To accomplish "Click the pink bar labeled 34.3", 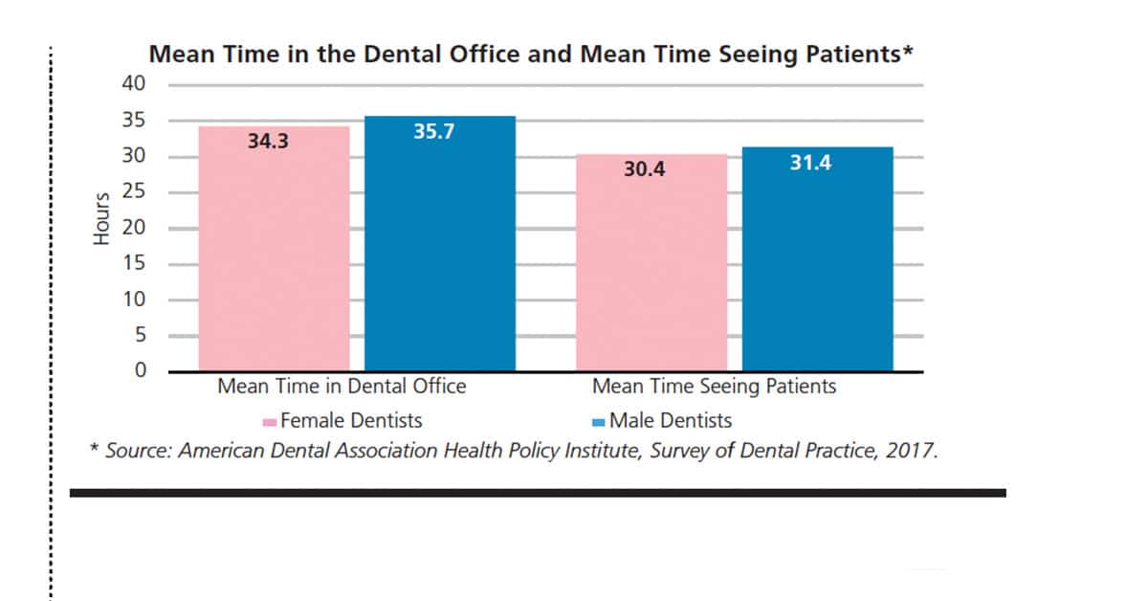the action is coord(275,249).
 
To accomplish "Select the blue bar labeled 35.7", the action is coord(440,244).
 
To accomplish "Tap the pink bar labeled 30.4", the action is coord(651,262).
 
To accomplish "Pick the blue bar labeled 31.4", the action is coord(817,259).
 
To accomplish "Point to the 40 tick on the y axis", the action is coord(133,83).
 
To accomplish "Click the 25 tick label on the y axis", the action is coord(133,191).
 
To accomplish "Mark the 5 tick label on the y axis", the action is coord(141,335).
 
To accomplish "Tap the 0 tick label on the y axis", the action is coord(141,369).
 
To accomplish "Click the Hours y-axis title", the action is coord(101,219).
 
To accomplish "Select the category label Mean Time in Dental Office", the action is coord(342,386).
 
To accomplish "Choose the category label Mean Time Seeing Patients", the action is coord(714,386).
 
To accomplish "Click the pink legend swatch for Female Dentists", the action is coord(270,423).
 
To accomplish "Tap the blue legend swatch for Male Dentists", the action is coord(598,423).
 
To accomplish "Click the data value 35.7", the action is coord(433,132).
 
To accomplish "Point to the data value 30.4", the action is coord(644,169).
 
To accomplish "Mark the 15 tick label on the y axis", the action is coord(133,263).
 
